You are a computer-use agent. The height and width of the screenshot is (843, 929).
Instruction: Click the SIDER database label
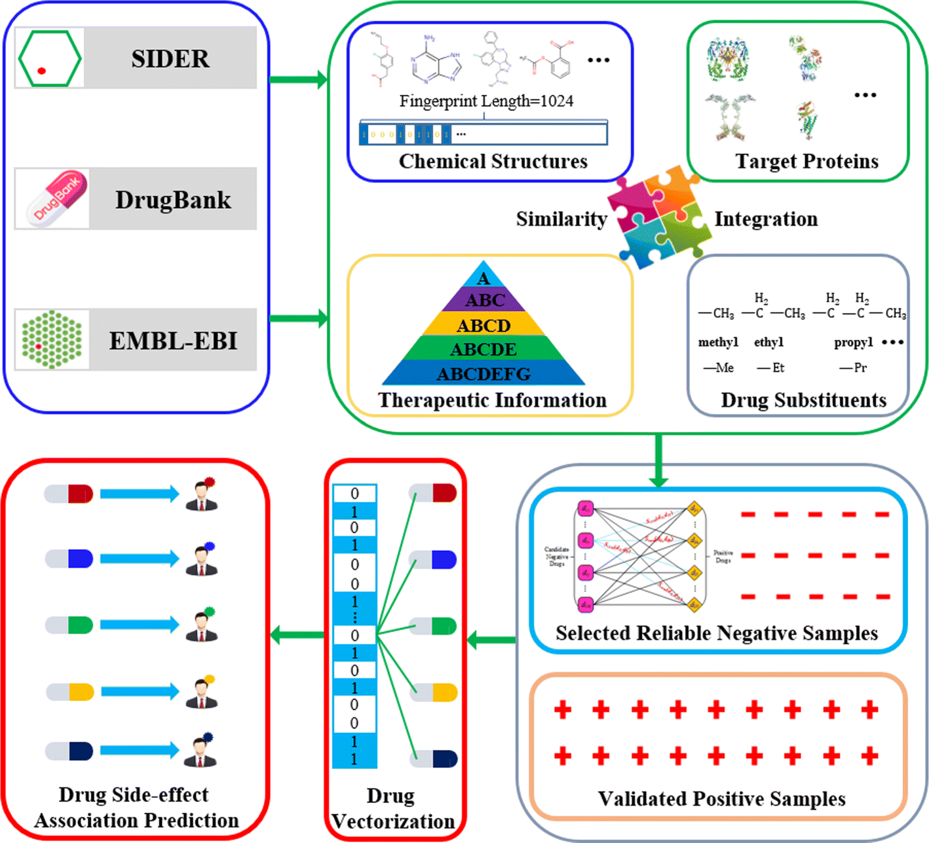pos(170,59)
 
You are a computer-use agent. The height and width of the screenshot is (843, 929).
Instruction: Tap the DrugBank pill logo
pos(57,197)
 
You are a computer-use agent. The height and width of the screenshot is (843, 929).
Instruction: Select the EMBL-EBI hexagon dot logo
pos(52,340)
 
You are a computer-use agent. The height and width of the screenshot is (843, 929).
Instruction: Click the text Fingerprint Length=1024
pos(486,102)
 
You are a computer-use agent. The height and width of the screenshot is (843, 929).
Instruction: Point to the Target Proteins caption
pos(806,161)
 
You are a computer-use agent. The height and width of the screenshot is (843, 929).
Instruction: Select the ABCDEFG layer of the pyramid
pos(483,374)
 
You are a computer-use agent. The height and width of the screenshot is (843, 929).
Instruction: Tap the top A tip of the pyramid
pos(483,278)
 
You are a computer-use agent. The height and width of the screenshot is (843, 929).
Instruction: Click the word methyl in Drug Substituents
pos(718,342)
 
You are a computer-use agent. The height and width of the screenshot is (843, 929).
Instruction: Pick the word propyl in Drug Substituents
pos(853,342)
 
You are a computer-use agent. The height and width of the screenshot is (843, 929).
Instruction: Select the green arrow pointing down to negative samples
pos(658,462)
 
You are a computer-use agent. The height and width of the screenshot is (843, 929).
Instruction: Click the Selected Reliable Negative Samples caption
pos(717,633)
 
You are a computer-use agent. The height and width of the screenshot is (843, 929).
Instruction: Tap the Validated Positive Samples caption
pos(721,798)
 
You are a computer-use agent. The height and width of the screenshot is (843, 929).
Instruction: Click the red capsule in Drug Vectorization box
pos(434,493)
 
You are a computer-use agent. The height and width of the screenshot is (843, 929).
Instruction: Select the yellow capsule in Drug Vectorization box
pos(434,692)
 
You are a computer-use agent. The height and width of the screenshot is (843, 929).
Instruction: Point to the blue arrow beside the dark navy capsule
pos(140,751)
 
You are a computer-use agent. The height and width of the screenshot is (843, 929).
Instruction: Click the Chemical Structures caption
pos(493,161)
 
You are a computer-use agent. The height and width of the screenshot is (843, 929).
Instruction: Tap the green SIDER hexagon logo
pos(50,59)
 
